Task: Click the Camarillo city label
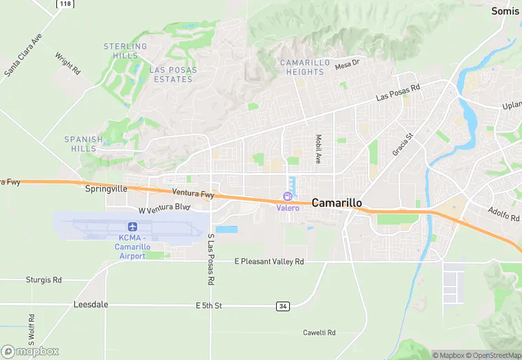[x=337, y=203]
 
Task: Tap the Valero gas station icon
[x=288, y=197]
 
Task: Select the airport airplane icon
[x=132, y=227]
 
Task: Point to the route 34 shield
[x=283, y=306]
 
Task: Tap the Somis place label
[x=506, y=11]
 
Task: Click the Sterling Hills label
[x=125, y=52]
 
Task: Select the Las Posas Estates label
[x=172, y=74]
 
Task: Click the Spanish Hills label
[x=84, y=144]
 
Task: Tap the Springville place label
[x=106, y=188]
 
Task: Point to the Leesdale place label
[x=91, y=304]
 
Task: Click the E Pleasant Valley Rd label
[x=269, y=262]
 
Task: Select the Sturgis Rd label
[x=43, y=280]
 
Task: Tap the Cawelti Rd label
[x=319, y=333]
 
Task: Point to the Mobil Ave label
[x=319, y=148]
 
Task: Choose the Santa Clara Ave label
[x=23, y=55]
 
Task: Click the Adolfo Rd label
[x=503, y=214]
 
